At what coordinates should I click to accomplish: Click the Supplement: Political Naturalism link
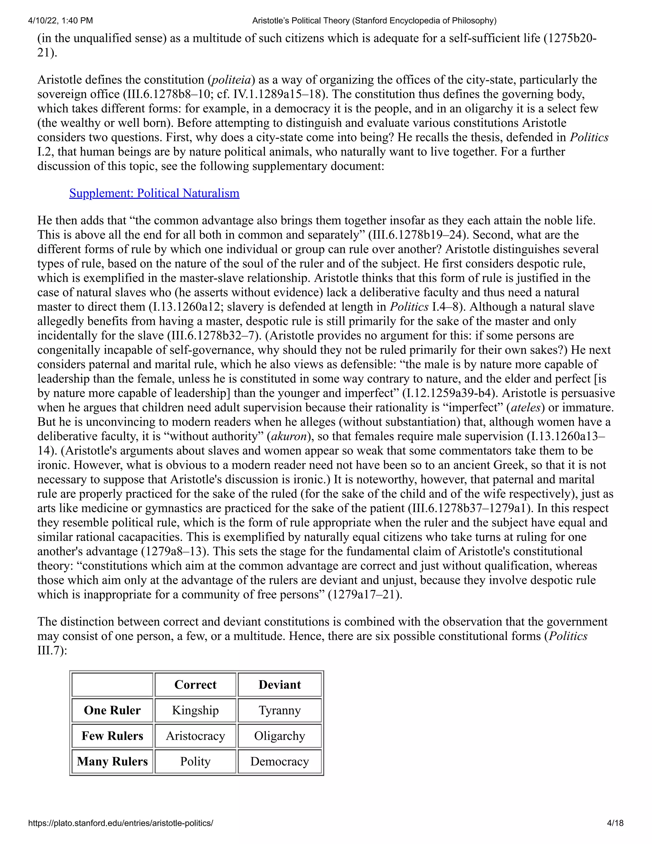pos(154,193)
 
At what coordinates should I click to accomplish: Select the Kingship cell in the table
pos(195,710)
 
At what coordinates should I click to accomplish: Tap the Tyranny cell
pos(279,710)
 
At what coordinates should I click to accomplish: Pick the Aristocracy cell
pos(195,736)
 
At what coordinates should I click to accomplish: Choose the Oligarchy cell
pos(279,736)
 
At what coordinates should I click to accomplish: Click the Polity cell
pos(195,761)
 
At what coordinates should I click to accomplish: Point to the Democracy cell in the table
pos(279,761)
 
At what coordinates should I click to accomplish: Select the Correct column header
pos(195,685)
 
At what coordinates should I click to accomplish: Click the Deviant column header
pos(279,685)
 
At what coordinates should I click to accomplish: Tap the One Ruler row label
pos(112,710)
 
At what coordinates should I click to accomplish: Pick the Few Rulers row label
pos(112,736)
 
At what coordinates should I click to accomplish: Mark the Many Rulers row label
pos(112,761)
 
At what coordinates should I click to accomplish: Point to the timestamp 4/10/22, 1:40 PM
pos(60,20)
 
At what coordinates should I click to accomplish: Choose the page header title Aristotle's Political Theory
pos(374,20)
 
